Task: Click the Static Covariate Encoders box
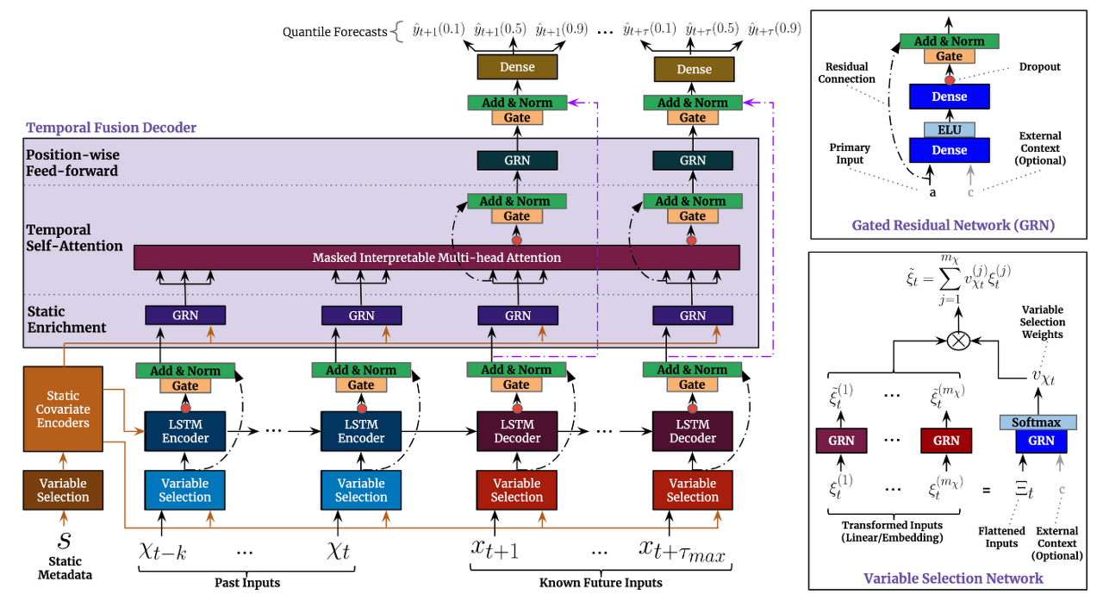[x=63, y=410]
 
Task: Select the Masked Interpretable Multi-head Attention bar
[x=436, y=258]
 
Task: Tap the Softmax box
[x=1037, y=422]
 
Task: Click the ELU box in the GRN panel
[x=949, y=130]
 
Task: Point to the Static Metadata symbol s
[x=64, y=541]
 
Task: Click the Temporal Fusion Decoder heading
[x=111, y=128]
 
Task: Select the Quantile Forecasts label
[x=334, y=33]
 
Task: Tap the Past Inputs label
[x=247, y=583]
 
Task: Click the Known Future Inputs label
[x=601, y=583]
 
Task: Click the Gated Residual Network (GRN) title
[x=953, y=226]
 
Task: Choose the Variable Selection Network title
[x=952, y=578]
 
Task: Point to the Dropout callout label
[x=1039, y=66]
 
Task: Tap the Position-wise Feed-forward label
[x=72, y=163]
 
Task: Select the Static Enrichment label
[x=65, y=319]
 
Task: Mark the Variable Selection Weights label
[x=1042, y=322]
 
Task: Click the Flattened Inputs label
[x=1001, y=537]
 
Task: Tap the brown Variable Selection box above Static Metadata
[x=63, y=490]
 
